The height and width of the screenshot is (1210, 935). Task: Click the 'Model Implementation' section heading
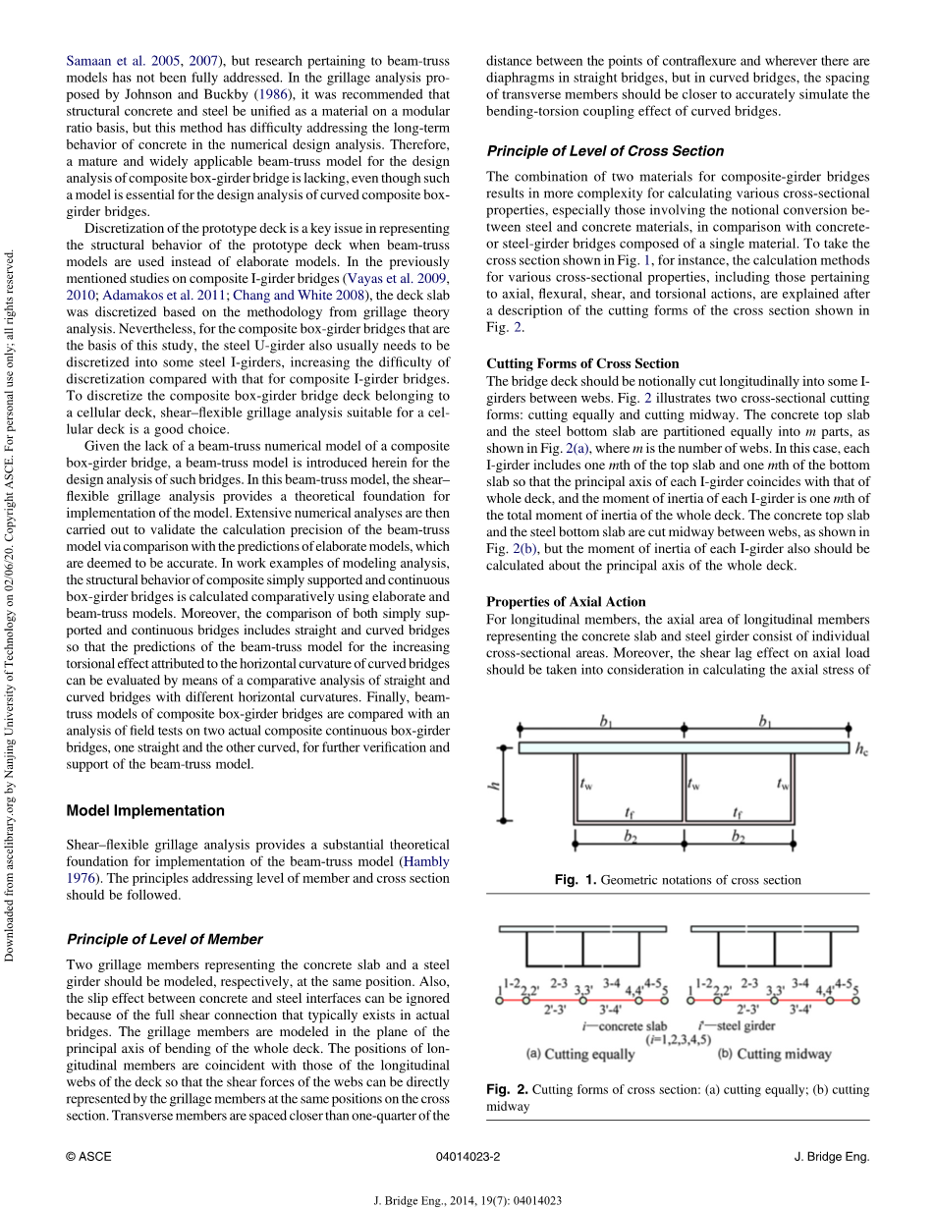click(x=145, y=810)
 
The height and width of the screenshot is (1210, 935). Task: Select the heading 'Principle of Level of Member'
click(x=164, y=939)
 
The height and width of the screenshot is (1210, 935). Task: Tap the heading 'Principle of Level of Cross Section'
click(x=605, y=151)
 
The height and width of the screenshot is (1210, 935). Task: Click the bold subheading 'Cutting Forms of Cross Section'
click(x=582, y=363)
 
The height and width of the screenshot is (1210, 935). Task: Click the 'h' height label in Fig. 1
click(x=498, y=785)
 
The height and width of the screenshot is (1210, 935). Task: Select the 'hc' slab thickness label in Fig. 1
click(x=861, y=749)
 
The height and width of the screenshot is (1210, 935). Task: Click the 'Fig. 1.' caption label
click(x=575, y=880)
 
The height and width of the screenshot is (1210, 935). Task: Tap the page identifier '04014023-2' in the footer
click(x=467, y=1157)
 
